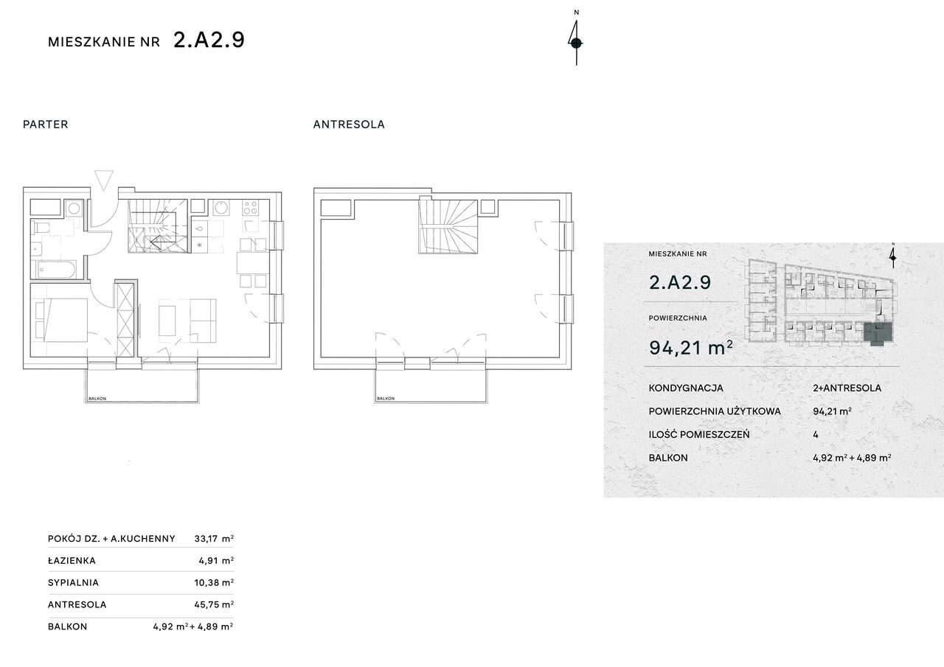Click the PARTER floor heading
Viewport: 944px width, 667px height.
(x=46, y=125)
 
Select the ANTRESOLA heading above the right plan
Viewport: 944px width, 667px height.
(x=349, y=125)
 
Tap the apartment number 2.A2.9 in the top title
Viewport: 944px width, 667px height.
(x=209, y=41)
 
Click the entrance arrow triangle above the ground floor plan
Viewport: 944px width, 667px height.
(x=104, y=181)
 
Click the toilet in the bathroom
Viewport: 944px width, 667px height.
(x=41, y=228)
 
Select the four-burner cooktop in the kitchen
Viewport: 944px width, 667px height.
(x=250, y=208)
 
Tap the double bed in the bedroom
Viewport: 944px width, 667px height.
(x=60, y=320)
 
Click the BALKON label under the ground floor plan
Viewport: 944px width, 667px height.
(x=97, y=398)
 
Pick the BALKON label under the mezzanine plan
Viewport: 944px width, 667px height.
(x=386, y=398)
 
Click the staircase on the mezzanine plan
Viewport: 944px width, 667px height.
(x=448, y=226)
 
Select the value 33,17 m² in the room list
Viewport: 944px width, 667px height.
(x=214, y=539)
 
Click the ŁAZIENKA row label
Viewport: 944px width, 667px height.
(x=72, y=561)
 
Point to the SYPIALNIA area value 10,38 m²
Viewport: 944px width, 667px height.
(x=214, y=583)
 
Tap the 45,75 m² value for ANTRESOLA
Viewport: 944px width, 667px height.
(x=214, y=604)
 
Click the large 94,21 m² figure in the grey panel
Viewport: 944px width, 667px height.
(x=691, y=348)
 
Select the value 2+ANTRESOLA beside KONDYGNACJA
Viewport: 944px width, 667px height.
(x=847, y=388)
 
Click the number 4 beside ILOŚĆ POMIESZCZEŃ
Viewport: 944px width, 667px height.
(x=816, y=435)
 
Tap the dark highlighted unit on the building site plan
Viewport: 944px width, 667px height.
(x=878, y=334)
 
